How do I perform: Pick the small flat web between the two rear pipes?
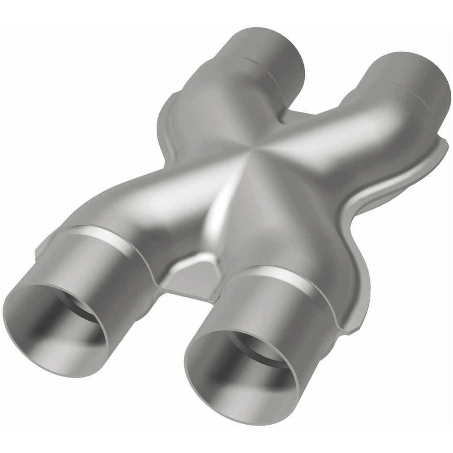[310, 115]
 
